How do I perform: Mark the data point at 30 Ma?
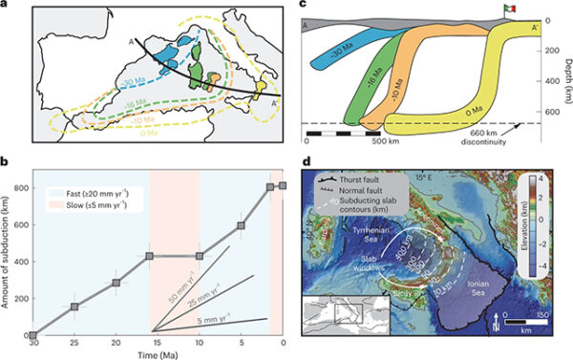point(33,335)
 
